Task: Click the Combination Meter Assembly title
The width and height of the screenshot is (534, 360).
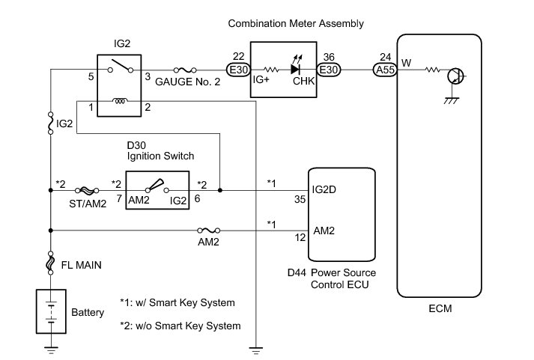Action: click(x=296, y=24)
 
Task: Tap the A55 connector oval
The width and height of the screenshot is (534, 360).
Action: click(x=386, y=70)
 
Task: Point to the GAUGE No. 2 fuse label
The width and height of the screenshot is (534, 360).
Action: click(x=187, y=82)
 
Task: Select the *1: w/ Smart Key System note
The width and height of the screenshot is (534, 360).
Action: click(x=177, y=302)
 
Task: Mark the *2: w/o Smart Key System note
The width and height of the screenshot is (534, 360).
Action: click(x=180, y=326)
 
